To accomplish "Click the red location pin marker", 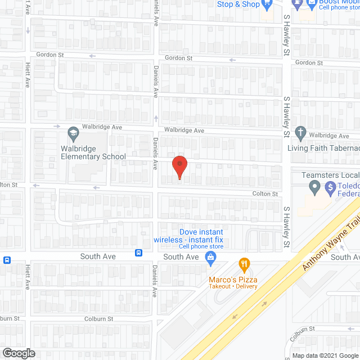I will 179,166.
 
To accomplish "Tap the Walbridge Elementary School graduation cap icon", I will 73,133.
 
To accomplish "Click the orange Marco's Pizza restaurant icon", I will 244,263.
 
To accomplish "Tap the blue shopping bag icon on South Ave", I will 211,259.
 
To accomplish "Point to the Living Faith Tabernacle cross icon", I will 300,134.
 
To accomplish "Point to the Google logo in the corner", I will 18,353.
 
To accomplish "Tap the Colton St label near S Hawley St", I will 267,194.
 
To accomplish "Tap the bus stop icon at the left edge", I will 7,260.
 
